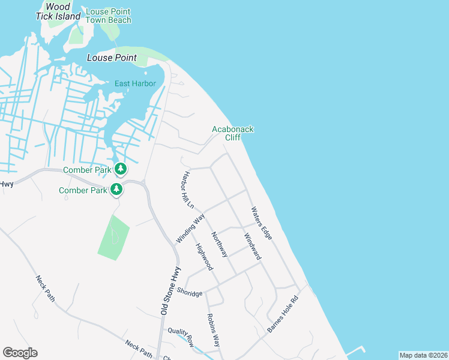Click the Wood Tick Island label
point(58,11)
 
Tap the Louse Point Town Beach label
point(108,16)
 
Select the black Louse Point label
point(112,58)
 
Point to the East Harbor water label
point(135,83)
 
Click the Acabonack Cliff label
point(233,133)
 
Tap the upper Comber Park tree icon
point(121,169)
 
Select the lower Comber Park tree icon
point(116,190)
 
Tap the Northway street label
point(219,245)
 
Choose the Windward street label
point(253,246)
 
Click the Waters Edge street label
point(262,223)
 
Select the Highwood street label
point(204,257)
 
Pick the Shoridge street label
point(189,294)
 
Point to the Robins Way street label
point(212,330)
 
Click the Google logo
point(20,353)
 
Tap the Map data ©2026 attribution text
point(423,355)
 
